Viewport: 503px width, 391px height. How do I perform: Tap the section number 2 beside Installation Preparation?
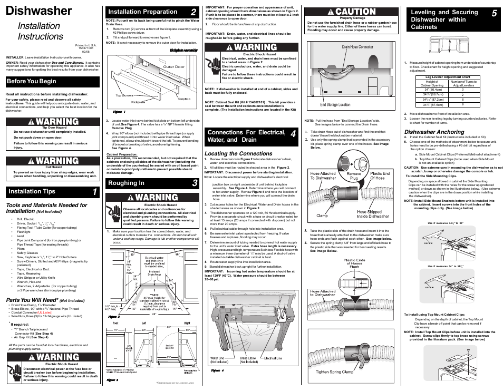[x=194, y=12]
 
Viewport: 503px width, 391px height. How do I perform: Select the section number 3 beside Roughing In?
[x=194, y=183]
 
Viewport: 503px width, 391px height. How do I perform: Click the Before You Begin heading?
[x=32, y=81]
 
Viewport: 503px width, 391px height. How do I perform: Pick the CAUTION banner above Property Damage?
[x=352, y=12]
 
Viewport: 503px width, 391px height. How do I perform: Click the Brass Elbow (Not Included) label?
[x=248, y=360]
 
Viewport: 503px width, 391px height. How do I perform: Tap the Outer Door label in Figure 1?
[x=173, y=67]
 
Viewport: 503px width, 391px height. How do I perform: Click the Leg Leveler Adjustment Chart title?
[x=447, y=77]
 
